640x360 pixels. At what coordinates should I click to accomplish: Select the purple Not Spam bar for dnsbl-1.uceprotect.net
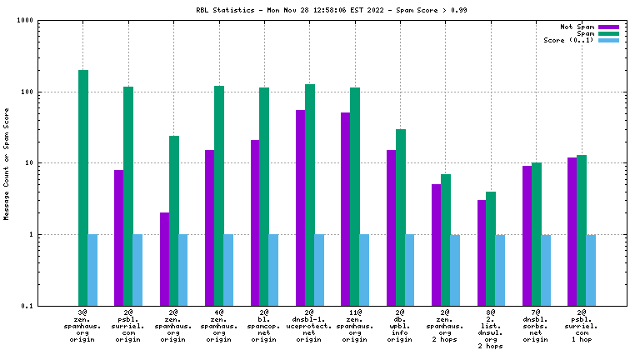pos(300,208)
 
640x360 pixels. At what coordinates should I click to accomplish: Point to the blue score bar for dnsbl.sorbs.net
pos(545,270)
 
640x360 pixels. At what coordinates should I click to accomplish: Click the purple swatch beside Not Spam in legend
pos(608,27)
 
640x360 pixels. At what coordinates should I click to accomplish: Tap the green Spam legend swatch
pos(608,33)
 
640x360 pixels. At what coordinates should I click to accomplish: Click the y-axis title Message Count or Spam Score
pos(7,163)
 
